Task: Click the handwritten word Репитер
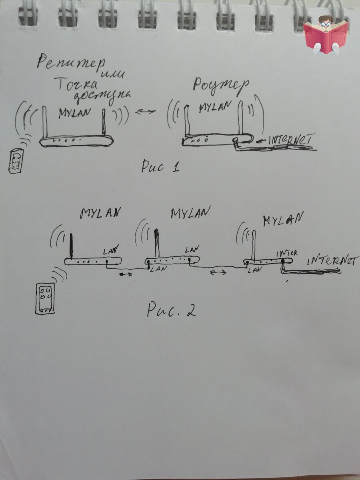coord(71,63)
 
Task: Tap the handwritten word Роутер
coord(221,85)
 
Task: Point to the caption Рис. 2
coord(171,308)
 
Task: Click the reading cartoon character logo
coord(326,35)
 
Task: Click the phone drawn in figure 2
coord(45,298)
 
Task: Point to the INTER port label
coord(287,253)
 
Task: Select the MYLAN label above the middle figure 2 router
coord(191,214)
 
